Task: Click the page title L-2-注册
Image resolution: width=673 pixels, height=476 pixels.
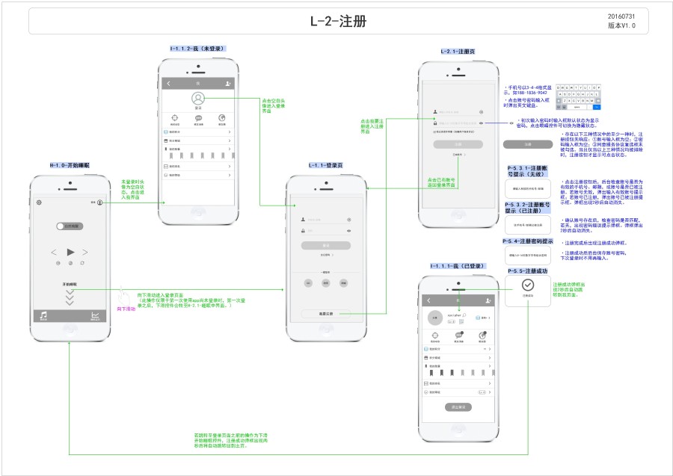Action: click(338, 21)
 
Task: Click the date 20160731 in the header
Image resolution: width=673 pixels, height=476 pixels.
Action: click(621, 16)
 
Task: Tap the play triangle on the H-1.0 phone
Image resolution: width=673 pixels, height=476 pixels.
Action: click(70, 252)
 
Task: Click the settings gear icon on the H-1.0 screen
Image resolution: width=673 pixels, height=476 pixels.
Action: click(40, 203)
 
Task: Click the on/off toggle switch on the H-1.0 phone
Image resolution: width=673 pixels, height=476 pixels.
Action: click(70, 225)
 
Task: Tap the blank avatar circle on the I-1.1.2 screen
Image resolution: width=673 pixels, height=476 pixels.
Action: click(198, 98)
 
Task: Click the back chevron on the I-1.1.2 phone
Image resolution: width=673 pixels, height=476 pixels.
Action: click(169, 83)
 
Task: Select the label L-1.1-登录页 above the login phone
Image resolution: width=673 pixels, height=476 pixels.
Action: click(325, 164)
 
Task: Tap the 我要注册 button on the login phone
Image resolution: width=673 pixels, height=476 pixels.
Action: click(325, 314)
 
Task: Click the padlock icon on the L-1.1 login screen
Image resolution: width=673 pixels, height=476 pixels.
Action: click(302, 230)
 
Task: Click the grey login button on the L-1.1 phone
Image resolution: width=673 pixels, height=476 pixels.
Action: click(325, 245)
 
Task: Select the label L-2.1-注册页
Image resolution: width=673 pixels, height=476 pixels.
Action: click(458, 51)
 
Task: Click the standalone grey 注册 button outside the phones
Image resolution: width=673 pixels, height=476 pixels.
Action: click(527, 143)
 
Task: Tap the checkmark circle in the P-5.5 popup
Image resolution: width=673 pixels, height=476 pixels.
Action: click(528, 285)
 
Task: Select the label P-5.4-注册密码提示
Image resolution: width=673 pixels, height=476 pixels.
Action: click(527, 241)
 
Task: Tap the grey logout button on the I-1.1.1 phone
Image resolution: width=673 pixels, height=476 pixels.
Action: click(457, 407)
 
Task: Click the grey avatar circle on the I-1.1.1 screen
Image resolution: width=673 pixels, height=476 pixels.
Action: click(434, 318)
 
